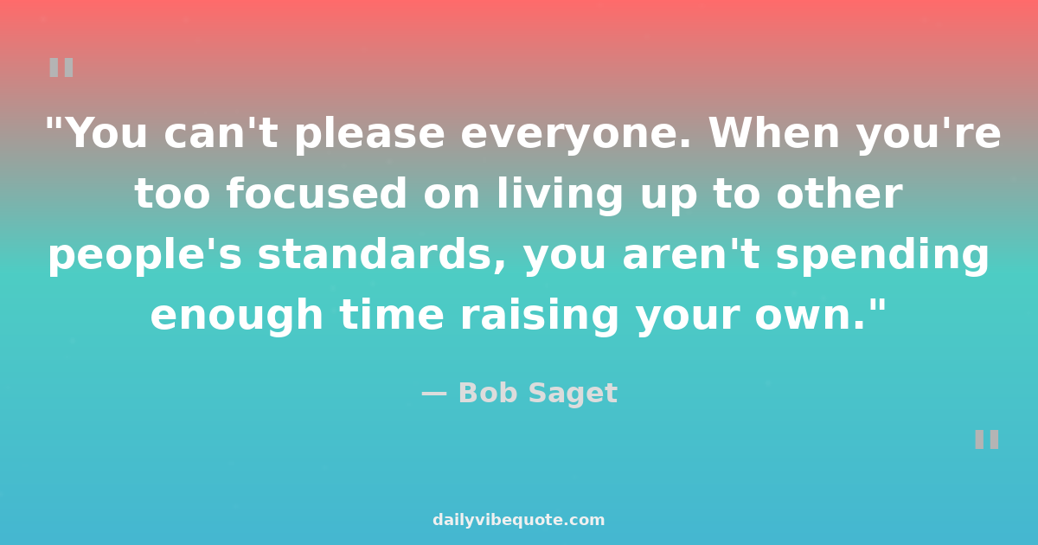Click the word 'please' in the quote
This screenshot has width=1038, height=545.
pos(370,135)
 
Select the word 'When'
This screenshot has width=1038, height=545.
pos(774,133)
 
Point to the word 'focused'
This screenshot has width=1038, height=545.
pos(317,193)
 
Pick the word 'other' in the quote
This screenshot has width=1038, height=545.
pos(839,193)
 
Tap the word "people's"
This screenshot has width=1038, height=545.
pos(145,256)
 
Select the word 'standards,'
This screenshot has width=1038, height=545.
pos(381,254)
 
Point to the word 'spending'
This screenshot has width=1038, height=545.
pos(883,256)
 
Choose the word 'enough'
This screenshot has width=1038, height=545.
pos(237,316)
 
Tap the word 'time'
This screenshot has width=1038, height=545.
pos(392,314)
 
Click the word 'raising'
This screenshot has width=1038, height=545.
pos(540,316)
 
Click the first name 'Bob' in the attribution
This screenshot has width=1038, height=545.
pos(488,393)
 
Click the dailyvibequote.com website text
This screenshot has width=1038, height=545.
pos(518,520)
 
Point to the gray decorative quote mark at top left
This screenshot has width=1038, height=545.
pos(61,67)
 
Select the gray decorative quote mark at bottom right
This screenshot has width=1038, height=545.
pos(987,439)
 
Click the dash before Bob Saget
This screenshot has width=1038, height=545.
pos(434,394)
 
